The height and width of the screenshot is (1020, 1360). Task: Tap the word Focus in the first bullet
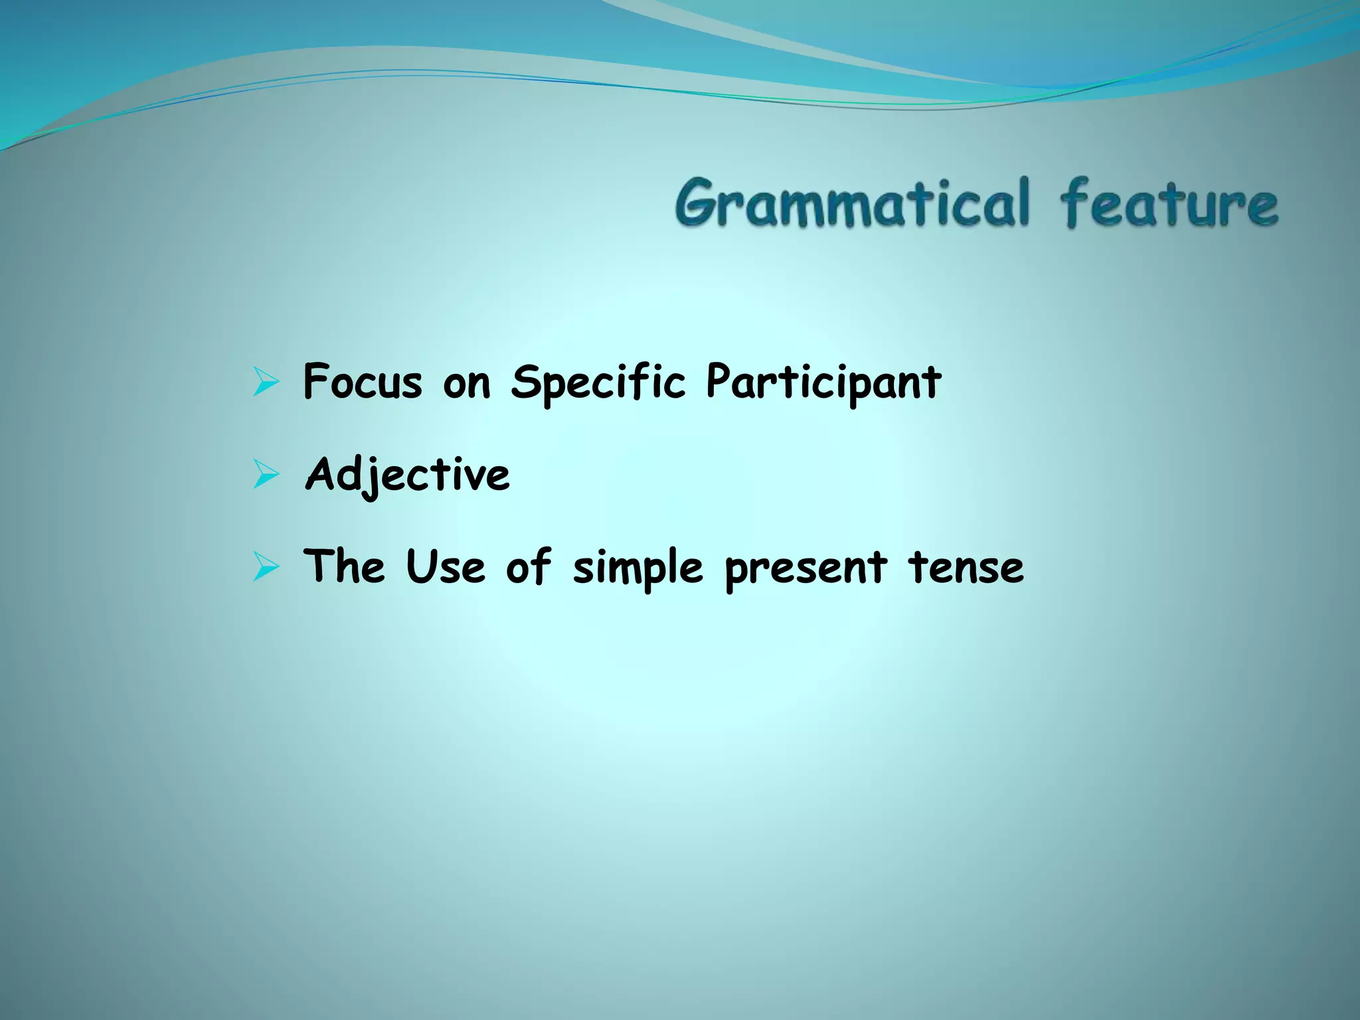click(x=362, y=383)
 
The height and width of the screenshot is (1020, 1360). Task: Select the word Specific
click(x=598, y=383)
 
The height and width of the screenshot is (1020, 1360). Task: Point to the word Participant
click(x=823, y=383)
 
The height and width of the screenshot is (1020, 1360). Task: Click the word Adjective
click(x=407, y=475)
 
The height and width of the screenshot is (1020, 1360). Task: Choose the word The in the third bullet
click(x=343, y=568)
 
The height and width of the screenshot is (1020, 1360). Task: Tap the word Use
click(x=445, y=568)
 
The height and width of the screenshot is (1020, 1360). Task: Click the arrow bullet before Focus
click(x=265, y=384)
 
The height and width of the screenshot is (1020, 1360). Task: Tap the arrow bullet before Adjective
click(x=265, y=475)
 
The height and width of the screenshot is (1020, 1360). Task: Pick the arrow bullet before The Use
click(x=265, y=568)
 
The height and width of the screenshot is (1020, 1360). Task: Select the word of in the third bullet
click(x=529, y=568)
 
